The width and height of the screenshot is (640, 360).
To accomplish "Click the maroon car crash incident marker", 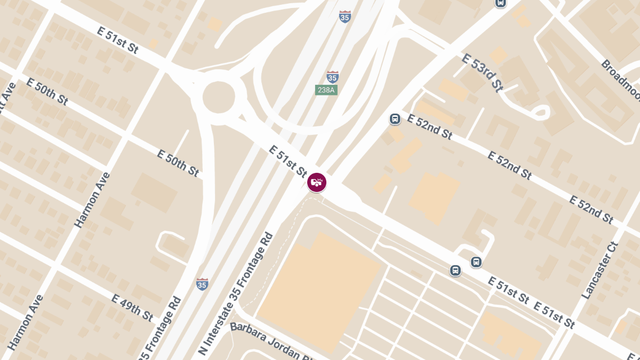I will pos(317,182).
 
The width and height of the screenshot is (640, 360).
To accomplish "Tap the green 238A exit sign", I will pos(326,90).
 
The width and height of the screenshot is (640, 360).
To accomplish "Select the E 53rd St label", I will pos(482,73).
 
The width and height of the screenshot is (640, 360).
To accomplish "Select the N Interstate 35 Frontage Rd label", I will pos(235,294).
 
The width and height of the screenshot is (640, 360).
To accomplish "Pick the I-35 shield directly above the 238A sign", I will pos(332,77).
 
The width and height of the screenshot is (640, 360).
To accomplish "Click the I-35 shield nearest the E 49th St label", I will pos(202,284).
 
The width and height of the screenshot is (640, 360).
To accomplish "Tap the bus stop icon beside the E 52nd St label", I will pos(395,118).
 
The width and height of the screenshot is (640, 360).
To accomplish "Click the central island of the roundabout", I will pos(218,98).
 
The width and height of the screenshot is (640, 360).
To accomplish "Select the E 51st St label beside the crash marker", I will pos(287,161).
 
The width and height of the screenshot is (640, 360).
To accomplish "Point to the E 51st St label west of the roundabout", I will pos(118,40).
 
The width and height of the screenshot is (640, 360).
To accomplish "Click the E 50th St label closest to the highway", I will pos(178,163).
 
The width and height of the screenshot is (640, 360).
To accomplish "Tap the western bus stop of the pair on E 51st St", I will pos(455,270).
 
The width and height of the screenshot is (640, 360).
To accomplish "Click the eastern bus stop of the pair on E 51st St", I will pos(476,262).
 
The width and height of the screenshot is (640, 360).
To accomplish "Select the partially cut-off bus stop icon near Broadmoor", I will pos(500,3).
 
